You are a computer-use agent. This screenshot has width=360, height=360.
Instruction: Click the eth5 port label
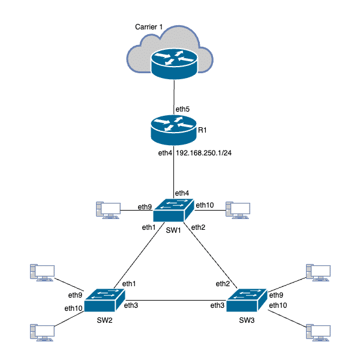[x=182, y=109]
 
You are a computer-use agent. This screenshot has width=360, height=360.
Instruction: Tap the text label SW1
[x=173, y=231]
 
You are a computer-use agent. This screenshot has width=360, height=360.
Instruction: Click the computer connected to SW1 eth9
[x=108, y=210]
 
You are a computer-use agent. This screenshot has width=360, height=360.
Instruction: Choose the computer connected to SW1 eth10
[x=238, y=210]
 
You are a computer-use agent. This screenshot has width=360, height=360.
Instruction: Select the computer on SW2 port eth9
[x=41, y=272]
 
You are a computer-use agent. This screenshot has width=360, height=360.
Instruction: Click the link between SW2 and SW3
[x=176, y=301]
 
